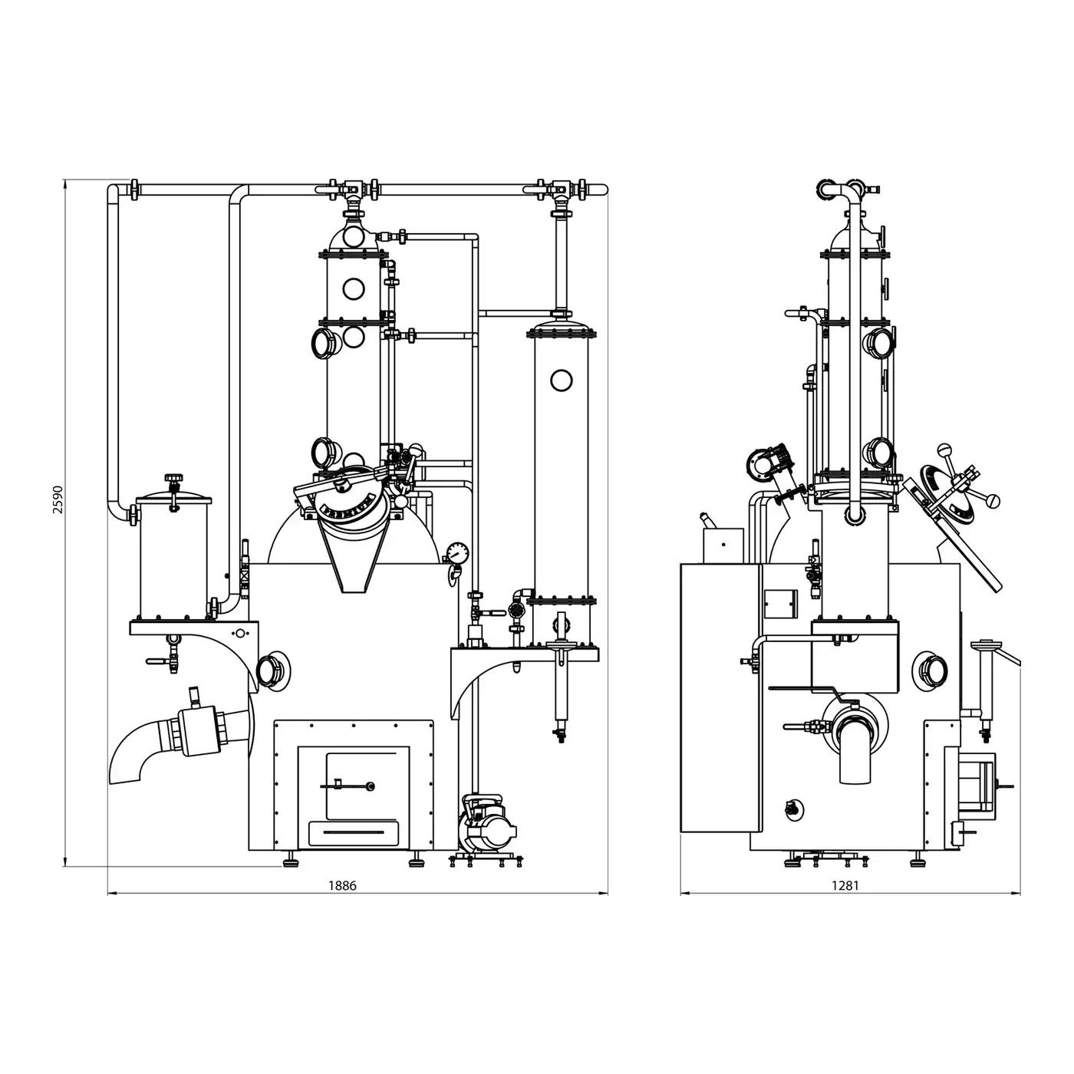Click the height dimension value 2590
coord(58,499)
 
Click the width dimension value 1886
coord(341,885)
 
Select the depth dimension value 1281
coord(845,885)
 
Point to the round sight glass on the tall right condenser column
coord(561,381)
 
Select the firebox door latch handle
coord(348,786)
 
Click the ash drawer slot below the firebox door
coord(354,832)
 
